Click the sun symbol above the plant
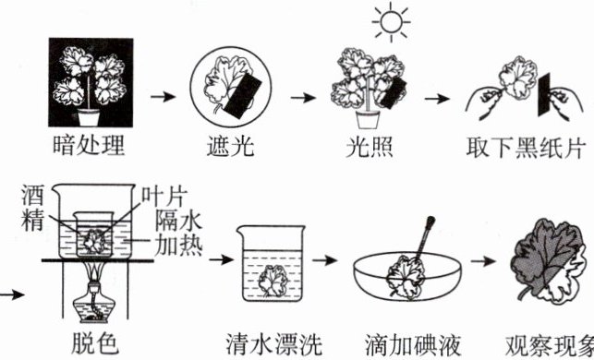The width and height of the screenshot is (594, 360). [x=391, y=22]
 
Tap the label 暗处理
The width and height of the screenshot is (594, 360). [x=89, y=145]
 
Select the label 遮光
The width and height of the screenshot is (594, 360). [x=230, y=146]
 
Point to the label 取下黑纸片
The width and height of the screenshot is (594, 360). [x=526, y=148]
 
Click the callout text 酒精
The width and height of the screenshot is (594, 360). [x=32, y=209]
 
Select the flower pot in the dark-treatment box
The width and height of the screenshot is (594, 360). [x=89, y=117]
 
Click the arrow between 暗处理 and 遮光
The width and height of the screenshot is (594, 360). [x=163, y=97]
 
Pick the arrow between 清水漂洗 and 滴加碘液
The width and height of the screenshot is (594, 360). [x=324, y=260]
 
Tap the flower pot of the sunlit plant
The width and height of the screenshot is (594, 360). [x=368, y=119]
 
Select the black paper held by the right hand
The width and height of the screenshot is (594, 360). [x=544, y=95]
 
